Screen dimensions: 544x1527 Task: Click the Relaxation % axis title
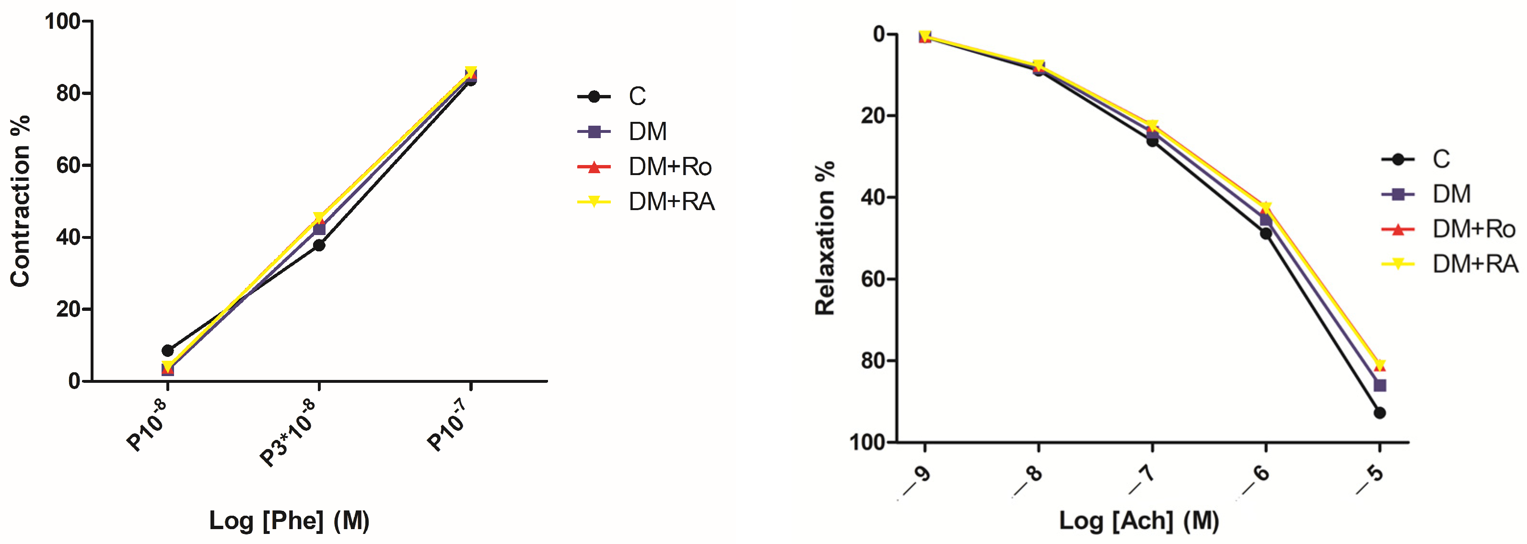click(825, 237)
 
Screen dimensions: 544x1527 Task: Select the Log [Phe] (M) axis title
click(289, 521)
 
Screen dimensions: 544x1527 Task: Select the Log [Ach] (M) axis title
click(1139, 521)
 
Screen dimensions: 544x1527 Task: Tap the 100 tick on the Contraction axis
click(63, 22)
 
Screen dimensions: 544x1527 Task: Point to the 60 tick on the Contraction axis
click(69, 166)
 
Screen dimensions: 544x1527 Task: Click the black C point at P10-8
click(168, 351)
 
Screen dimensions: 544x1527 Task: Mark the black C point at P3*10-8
click(319, 245)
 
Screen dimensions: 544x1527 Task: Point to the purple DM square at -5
click(1379, 386)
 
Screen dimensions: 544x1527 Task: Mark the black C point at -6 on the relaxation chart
click(1266, 234)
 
